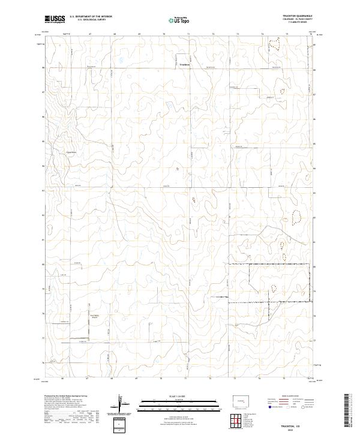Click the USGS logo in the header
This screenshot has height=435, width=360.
55,19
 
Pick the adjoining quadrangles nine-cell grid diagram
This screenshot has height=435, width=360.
236,422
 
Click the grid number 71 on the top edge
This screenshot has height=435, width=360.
187,35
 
